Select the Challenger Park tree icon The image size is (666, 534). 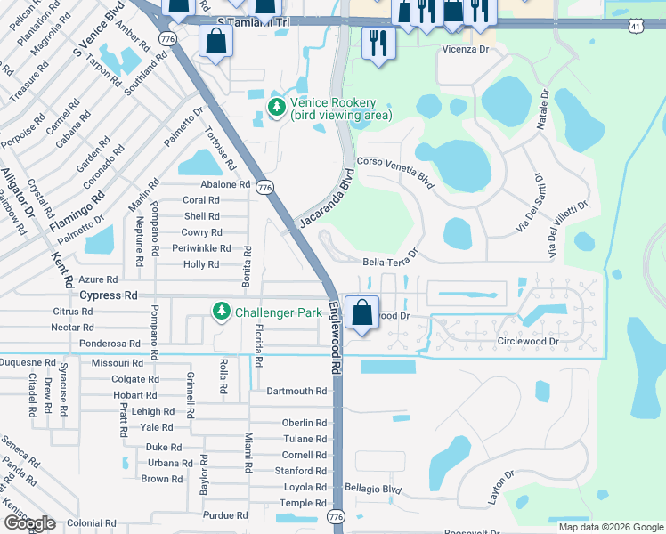point(221,311)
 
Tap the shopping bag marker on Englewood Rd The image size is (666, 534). point(361,313)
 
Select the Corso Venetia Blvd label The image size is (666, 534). point(394,173)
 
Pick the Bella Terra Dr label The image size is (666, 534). point(390,263)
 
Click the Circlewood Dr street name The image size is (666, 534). point(529,341)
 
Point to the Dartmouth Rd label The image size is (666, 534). point(296,391)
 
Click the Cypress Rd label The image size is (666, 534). point(109,295)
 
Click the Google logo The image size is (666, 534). point(29,523)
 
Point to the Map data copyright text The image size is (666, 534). point(609,527)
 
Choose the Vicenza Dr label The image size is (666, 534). point(466,51)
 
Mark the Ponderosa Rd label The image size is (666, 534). point(110,343)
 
